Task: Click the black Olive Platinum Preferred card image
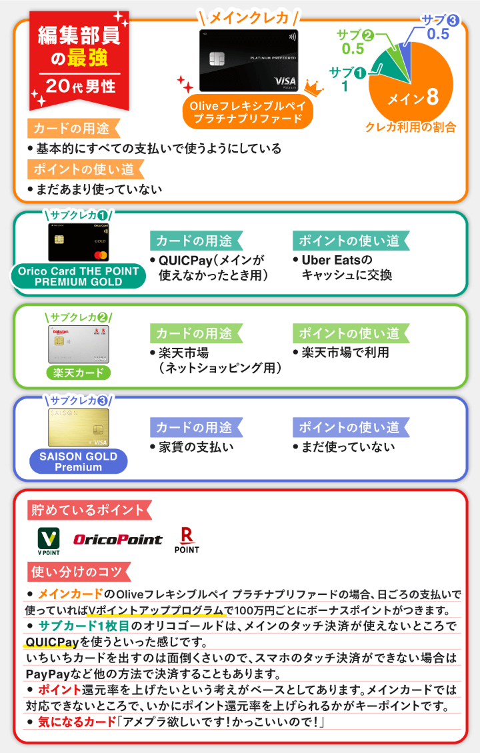point(248,61)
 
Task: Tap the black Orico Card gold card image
point(78,242)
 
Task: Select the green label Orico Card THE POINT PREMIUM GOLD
point(78,277)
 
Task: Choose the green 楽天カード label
point(78,373)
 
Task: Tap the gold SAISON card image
point(78,427)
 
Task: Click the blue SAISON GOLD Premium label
point(78,462)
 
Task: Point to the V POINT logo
point(48,542)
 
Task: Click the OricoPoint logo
point(117,540)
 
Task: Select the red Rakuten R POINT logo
point(187,540)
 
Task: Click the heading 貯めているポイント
point(86,511)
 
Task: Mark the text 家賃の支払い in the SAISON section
point(196,447)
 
